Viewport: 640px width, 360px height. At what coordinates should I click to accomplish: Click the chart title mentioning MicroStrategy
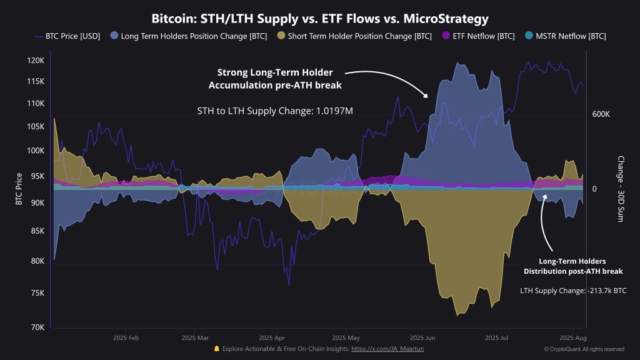320,18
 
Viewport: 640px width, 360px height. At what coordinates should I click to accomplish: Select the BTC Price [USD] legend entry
68,36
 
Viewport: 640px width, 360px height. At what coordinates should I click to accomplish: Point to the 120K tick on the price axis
36,61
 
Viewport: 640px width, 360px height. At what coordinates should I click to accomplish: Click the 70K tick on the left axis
37,327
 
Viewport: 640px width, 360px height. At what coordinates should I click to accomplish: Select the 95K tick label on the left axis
37,177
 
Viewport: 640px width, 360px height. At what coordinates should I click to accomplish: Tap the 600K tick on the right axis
601,114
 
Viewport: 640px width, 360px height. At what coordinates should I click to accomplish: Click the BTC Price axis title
19,189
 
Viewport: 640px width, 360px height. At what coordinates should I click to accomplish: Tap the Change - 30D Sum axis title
621,189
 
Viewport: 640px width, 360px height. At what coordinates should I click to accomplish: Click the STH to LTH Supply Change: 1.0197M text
274,111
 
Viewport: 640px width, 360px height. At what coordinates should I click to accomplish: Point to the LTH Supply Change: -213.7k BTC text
573,291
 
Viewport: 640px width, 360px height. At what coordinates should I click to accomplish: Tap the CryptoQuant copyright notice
584,349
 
